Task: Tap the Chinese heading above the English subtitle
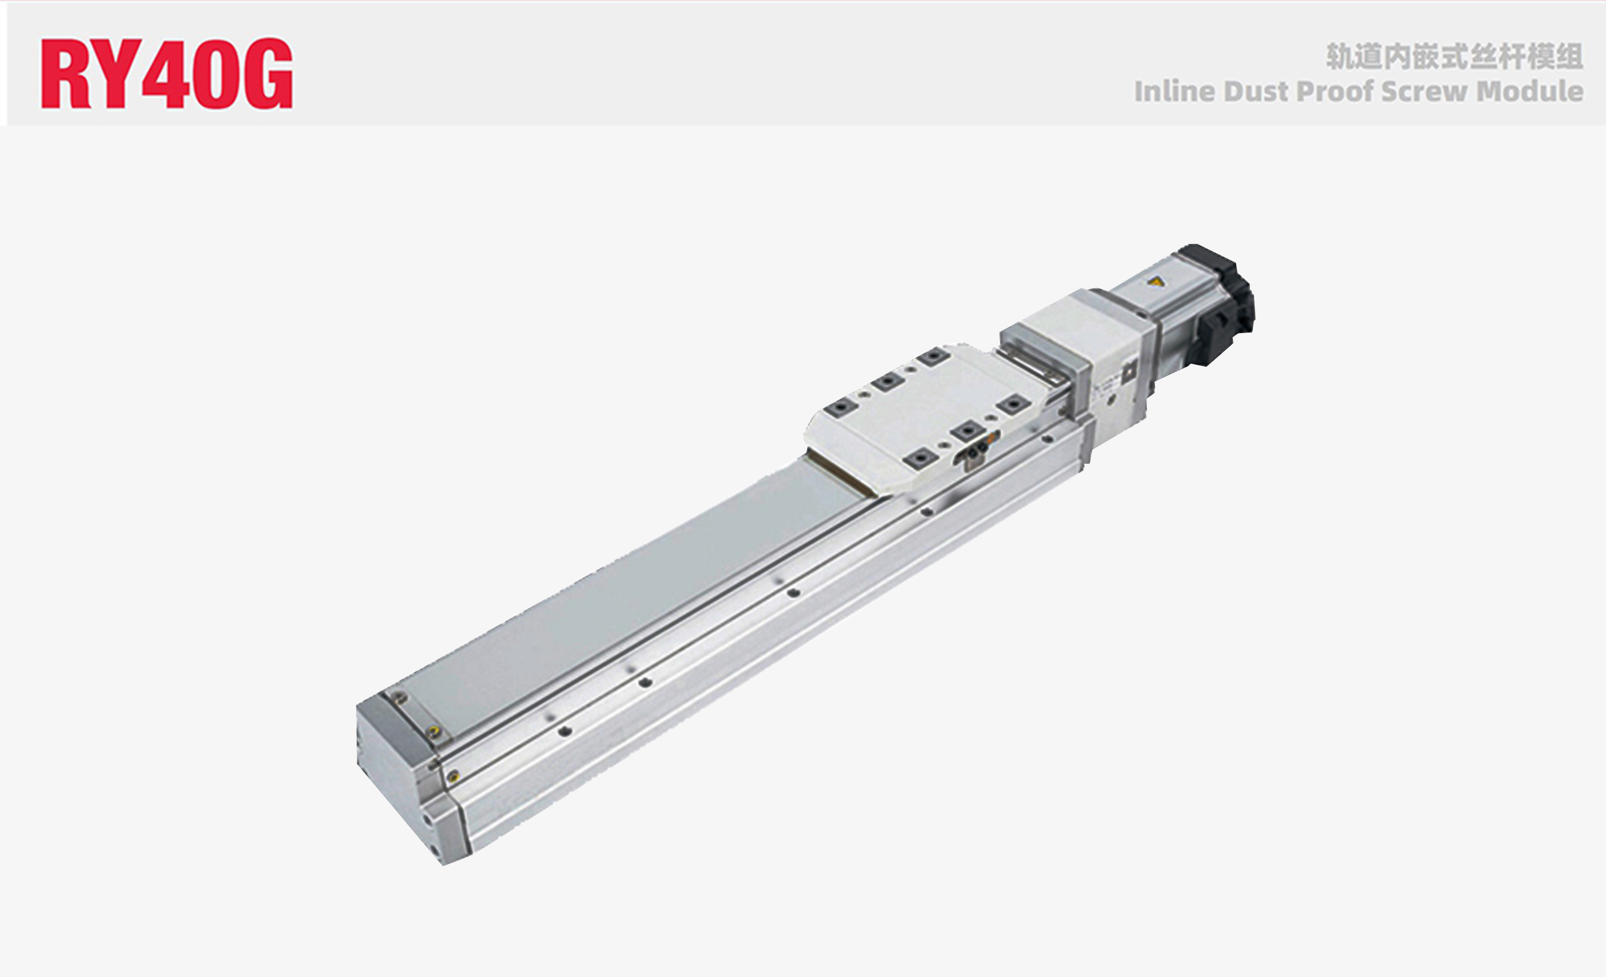point(1454,57)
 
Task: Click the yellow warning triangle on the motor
point(1156,282)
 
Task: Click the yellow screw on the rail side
point(453,776)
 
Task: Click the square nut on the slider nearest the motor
point(932,357)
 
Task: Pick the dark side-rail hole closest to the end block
point(565,731)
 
